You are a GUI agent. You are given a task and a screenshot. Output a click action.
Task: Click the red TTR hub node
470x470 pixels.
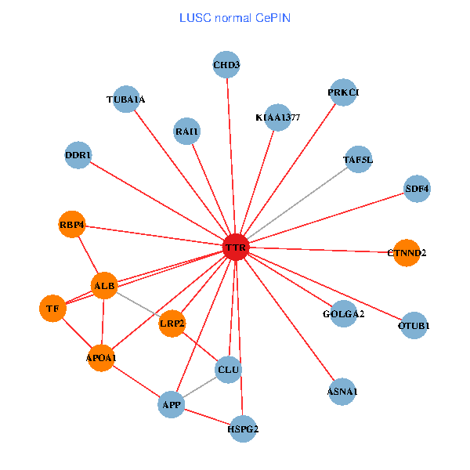236,248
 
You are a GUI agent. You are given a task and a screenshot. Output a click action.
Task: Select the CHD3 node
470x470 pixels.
226,65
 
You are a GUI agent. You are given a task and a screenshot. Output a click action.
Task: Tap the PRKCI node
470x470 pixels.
343,92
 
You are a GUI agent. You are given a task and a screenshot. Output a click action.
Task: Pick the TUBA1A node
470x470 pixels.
126,99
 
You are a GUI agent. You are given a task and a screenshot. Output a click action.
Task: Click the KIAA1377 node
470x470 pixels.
277,117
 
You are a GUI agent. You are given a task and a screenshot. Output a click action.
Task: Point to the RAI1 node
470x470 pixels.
187,132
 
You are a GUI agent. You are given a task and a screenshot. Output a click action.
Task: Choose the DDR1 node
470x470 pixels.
78,155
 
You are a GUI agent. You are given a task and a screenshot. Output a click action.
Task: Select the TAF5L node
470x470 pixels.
358,160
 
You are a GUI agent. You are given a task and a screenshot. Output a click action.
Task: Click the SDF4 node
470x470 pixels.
417,189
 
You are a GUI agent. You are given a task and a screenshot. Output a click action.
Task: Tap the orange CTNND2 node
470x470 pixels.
406,252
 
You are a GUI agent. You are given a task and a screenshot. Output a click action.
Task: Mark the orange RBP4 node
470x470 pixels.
72,226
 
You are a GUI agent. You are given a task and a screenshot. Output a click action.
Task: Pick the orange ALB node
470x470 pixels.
104,286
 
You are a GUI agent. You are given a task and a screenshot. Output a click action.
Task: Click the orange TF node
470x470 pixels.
52,309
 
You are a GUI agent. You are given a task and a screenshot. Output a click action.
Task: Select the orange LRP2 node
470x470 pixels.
172,323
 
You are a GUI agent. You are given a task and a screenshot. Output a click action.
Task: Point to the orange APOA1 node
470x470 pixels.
101,357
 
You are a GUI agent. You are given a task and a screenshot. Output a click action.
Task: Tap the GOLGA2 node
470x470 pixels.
343,314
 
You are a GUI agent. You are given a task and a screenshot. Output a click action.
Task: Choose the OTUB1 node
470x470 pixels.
414,324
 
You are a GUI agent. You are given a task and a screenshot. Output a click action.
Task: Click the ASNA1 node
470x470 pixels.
342,391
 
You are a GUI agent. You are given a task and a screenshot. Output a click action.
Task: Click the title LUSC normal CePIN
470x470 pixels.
235,17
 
